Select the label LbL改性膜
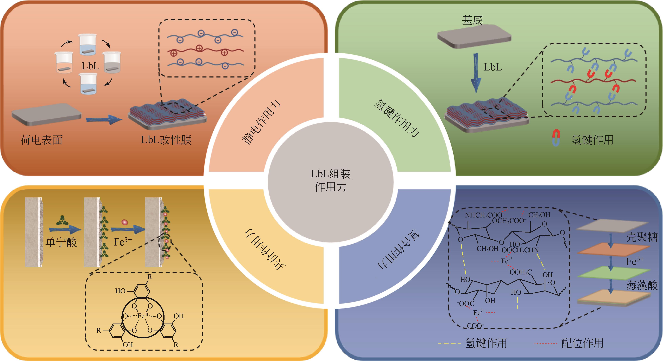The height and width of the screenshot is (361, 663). [166, 140]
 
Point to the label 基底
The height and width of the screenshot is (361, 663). [472, 20]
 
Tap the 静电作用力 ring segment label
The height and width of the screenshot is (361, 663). [261, 122]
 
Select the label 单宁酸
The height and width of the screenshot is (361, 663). [61, 242]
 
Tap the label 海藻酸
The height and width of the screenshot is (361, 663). [642, 285]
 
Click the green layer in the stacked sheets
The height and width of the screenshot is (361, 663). [613, 272]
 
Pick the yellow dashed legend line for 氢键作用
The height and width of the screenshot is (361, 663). [449, 343]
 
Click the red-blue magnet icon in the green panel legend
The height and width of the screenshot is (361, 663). [556, 138]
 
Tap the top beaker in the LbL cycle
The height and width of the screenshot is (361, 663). [88, 44]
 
